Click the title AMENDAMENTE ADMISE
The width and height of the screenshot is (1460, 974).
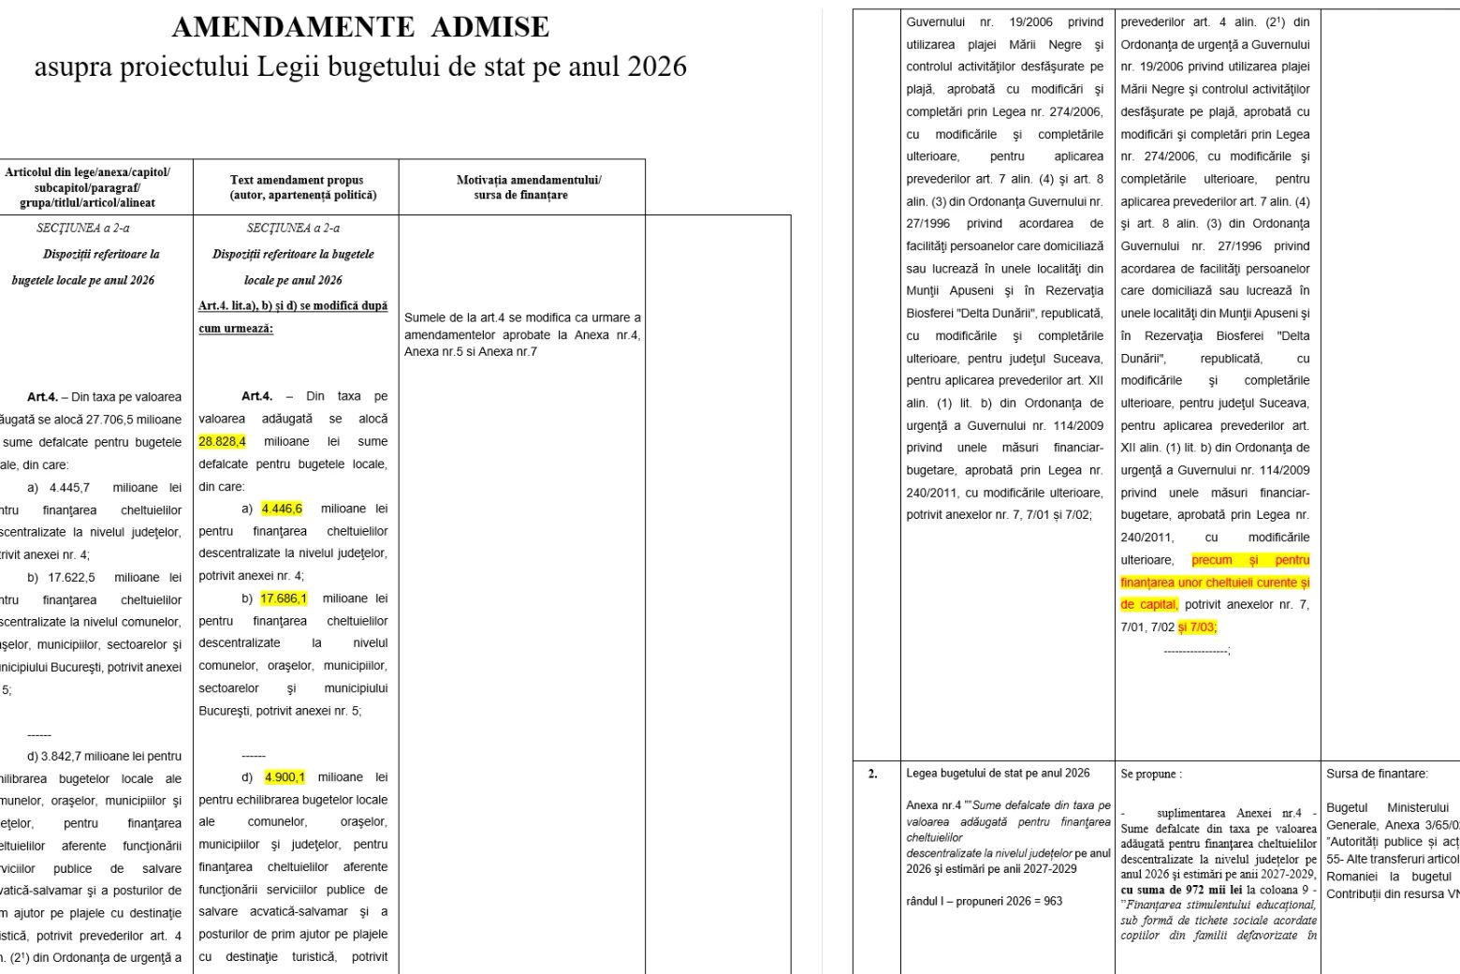[x=360, y=27]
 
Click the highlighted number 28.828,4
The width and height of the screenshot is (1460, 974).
[x=222, y=441]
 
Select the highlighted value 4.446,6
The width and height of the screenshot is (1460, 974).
[x=282, y=509]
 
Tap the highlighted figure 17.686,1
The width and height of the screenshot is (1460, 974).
[x=284, y=598]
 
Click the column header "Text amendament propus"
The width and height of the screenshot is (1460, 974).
[x=296, y=180]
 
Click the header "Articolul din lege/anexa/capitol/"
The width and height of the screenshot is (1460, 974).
[x=87, y=172]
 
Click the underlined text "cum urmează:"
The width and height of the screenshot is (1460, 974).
[x=236, y=329]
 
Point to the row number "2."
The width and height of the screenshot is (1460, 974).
[x=872, y=774]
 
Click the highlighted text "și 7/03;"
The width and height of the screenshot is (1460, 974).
[x=1197, y=627]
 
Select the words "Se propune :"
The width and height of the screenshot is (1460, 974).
[x=1151, y=775]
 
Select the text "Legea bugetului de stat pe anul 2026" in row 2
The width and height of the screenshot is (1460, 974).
[x=998, y=774]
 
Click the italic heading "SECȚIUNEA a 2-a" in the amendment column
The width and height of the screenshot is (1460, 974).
[x=293, y=228]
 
